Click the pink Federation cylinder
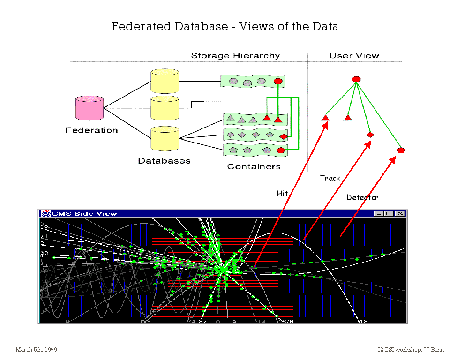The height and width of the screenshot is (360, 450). [90, 108]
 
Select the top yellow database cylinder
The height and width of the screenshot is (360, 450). [165, 81]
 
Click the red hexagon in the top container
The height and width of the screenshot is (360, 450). [277, 81]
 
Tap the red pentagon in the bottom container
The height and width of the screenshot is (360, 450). [281, 150]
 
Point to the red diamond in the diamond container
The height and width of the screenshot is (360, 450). [283, 136]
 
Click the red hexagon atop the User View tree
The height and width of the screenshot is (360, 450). [356, 79]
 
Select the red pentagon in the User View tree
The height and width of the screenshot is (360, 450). [401, 150]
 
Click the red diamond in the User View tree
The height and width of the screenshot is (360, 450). [370, 135]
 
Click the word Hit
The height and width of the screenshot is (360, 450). [282, 193]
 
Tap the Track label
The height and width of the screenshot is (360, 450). [330, 178]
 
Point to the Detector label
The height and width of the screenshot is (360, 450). [362, 197]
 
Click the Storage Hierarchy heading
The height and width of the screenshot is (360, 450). [235, 56]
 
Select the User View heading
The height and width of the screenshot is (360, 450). [354, 56]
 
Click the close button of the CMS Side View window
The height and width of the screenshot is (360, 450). [399, 214]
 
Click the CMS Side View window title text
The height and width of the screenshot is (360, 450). [84, 214]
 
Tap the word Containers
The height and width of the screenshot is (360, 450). [254, 166]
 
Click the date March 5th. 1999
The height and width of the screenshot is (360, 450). [37, 350]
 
